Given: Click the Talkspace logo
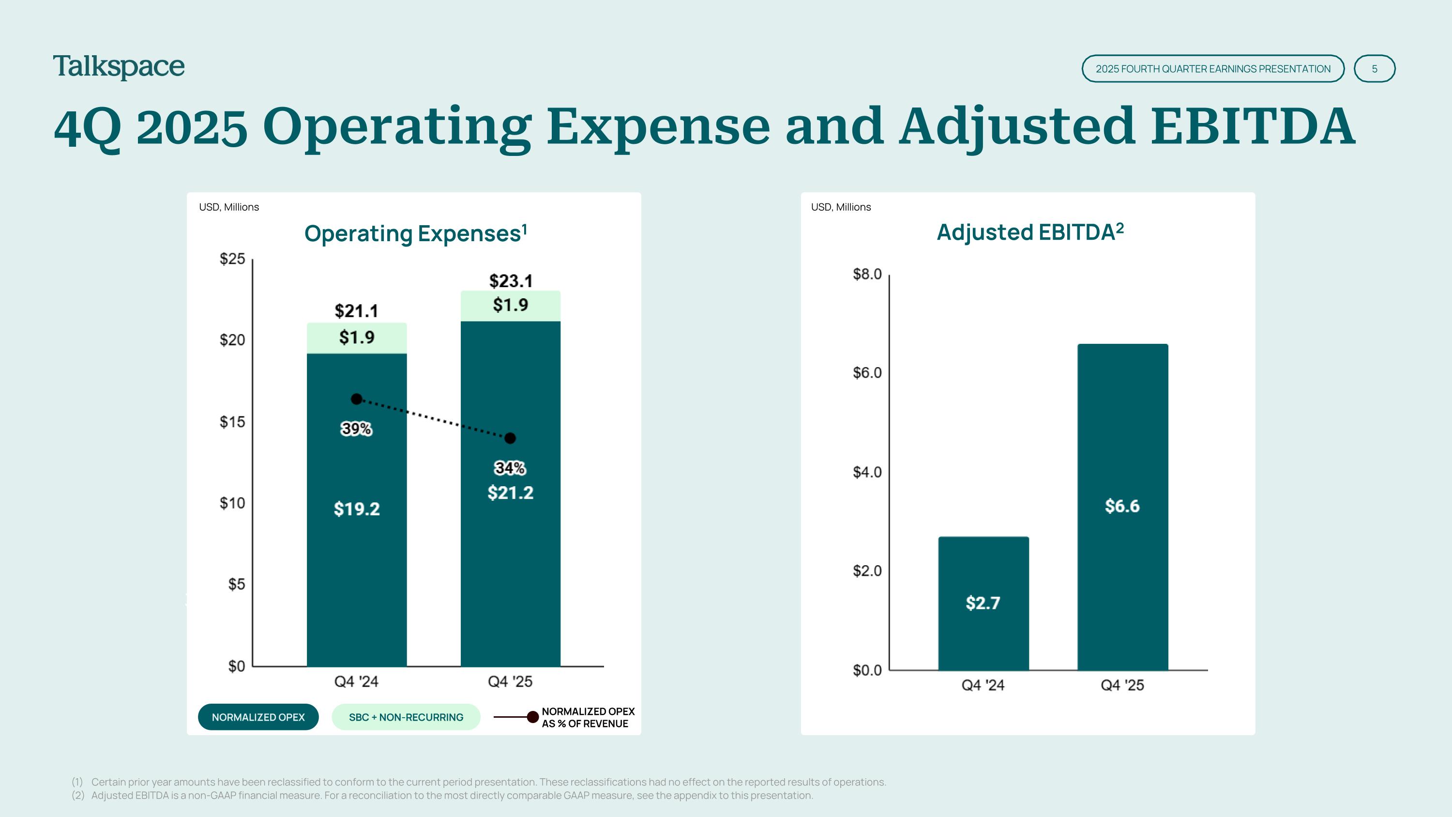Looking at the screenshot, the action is click(119, 67).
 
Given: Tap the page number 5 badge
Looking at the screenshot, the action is click(1374, 69).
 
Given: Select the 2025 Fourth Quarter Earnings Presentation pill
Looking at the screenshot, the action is click(1213, 69).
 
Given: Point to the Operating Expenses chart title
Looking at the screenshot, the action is click(416, 233).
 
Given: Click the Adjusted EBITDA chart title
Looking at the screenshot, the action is click(1030, 232).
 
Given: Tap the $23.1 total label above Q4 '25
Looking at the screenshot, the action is click(511, 280).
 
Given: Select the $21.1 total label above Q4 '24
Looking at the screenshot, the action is click(356, 311).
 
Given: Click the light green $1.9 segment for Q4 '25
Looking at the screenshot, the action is click(511, 306).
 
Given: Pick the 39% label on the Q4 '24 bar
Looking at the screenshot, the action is click(356, 429).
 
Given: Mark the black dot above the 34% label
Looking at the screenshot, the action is click(510, 438).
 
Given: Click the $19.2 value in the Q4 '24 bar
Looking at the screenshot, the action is click(357, 509).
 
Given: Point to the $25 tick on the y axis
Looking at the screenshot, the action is click(232, 259).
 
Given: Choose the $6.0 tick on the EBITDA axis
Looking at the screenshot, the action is click(867, 373).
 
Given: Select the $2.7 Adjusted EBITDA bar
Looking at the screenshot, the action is click(983, 603).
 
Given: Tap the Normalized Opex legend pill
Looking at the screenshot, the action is click(258, 717).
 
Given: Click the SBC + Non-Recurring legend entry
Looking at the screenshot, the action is click(406, 717).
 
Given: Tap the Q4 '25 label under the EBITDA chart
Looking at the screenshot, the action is click(1122, 685).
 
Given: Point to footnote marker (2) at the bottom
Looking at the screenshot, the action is click(78, 796).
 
